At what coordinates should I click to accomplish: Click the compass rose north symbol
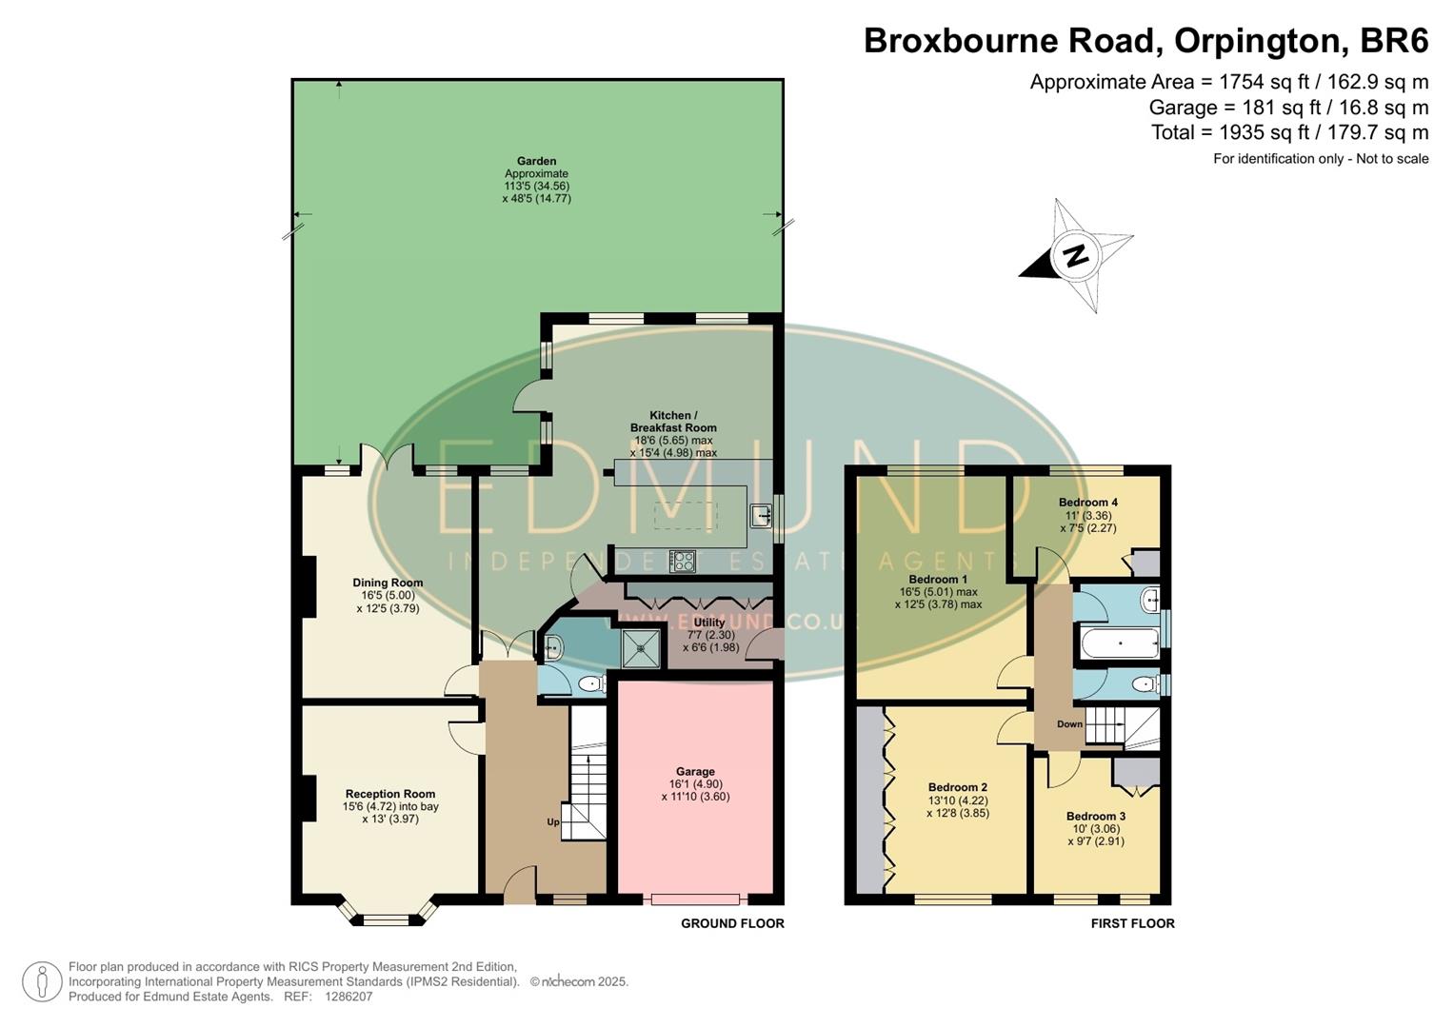[x=1076, y=255]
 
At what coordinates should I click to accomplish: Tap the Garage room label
[x=695, y=772]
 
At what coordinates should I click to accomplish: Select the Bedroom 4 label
[x=1087, y=503]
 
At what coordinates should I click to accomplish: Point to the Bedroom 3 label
[x=1095, y=817]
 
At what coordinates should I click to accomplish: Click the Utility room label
[x=708, y=623]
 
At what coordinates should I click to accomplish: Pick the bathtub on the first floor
[x=1120, y=643]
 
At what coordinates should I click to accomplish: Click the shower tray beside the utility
[x=640, y=647]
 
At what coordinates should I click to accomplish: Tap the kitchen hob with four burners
[x=682, y=561]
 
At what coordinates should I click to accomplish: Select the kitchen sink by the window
[x=761, y=516]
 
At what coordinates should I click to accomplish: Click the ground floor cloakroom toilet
[x=590, y=683]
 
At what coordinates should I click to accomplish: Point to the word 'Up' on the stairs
[x=552, y=822]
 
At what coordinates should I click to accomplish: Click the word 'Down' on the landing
[x=1069, y=724]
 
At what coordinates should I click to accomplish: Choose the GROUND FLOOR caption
[x=732, y=923]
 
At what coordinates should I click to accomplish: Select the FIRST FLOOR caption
[x=1132, y=923]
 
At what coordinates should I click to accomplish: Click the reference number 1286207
[x=349, y=997]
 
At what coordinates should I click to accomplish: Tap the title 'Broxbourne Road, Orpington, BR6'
[x=1145, y=41]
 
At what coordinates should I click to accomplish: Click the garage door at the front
[x=695, y=899]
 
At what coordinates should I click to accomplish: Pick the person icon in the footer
[x=42, y=981]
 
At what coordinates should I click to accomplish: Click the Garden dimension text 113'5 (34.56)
[x=536, y=187]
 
